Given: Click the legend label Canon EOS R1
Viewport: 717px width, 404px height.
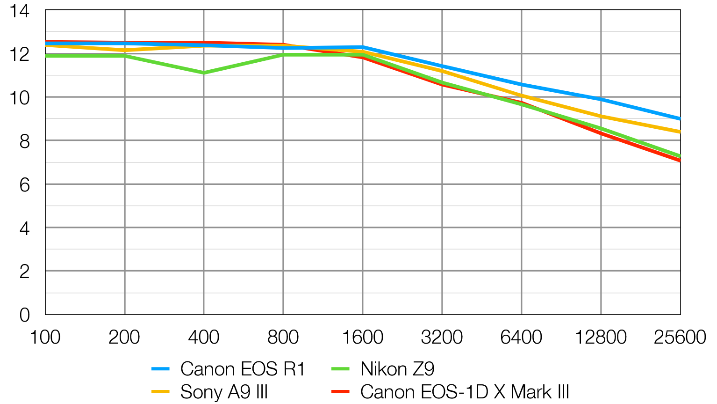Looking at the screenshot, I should [x=242, y=369].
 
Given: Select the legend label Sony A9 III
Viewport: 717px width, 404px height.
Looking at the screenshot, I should [x=224, y=392].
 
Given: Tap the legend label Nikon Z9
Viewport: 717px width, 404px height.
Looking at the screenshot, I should [x=397, y=369].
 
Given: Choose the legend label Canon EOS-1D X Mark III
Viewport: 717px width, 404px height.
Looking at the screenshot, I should [x=465, y=392].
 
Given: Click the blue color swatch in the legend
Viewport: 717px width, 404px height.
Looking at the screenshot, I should [x=160, y=369].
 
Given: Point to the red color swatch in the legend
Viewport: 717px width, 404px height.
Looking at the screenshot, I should [x=340, y=392].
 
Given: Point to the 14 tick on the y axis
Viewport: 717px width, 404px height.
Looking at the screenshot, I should [x=20, y=11].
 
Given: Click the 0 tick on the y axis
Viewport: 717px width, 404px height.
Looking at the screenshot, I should [x=24, y=315].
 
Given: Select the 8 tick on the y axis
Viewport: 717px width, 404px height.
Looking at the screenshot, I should [x=24, y=141].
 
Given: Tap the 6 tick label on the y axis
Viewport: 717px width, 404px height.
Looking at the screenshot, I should [x=24, y=185].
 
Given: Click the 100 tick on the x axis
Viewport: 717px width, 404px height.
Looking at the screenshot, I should [x=45, y=337].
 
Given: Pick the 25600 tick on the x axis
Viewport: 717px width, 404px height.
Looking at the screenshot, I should [x=680, y=337].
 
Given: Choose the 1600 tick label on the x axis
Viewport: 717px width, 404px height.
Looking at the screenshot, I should [x=363, y=337].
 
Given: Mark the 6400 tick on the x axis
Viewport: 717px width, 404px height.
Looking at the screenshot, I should [x=521, y=337].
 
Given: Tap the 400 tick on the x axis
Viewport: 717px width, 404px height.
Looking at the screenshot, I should [x=204, y=337].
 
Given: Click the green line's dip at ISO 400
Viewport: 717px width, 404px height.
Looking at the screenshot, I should [x=204, y=73].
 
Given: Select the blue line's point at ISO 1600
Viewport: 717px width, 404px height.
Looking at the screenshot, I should [x=363, y=47].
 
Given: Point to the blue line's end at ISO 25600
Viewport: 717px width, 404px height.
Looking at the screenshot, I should [x=679, y=118].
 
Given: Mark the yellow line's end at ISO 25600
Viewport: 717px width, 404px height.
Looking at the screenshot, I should [x=679, y=132].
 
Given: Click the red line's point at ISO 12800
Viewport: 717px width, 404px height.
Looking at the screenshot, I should [x=601, y=134].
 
